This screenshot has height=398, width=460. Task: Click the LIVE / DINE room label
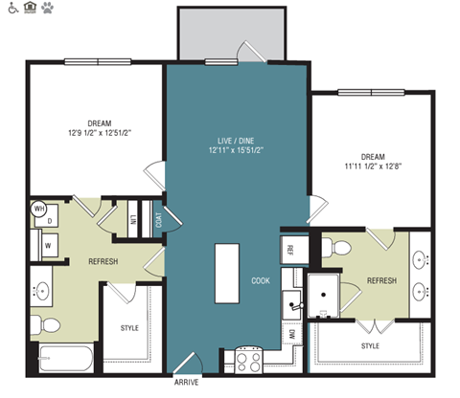tap(237, 140)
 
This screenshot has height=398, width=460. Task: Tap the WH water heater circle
tap(40, 207)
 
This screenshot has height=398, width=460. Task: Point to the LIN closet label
tap(133, 219)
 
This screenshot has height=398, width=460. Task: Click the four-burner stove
tap(249, 362)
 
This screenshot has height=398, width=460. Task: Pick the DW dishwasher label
tap(290, 335)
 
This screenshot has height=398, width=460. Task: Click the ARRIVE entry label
tap(187, 383)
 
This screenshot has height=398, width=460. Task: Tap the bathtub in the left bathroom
tap(60, 360)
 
